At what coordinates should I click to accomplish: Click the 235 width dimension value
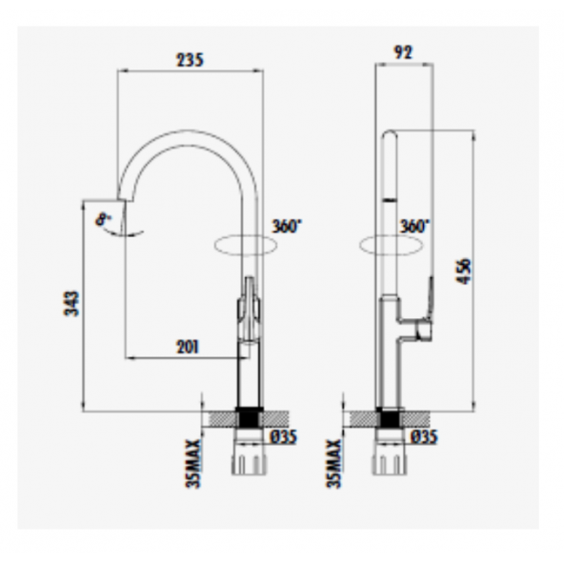pyautogui.click(x=191, y=59)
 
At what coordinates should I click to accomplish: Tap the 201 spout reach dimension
pyautogui.click(x=188, y=347)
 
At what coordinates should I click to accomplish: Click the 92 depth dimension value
pyautogui.click(x=403, y=55)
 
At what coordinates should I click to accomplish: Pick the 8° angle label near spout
pyautogui.click(x=101, y=220)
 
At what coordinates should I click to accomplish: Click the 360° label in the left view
pyautogui.click(x=287, y=227)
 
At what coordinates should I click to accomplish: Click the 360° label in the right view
pyautogui.click(x=414, y=227)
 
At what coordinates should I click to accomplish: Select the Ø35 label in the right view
pyautogui.click(x=425, y=436)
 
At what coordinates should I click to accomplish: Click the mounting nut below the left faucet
pyautogui.click(x=250, y=462)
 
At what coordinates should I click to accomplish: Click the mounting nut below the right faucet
pyautogui.click(x=391, y=462)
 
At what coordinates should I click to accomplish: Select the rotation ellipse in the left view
pyautogui.click(x=246, y=243)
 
